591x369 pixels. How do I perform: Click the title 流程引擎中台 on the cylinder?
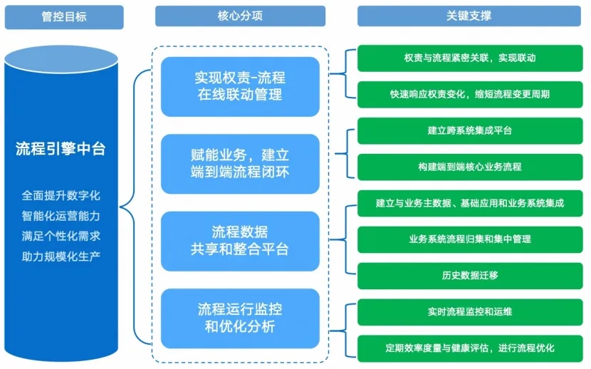click(61, 149)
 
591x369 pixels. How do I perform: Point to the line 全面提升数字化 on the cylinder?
click(61, 194)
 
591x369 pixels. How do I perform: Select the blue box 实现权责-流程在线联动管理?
click(240, 85)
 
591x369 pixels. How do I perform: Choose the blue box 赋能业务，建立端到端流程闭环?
click(240, 163)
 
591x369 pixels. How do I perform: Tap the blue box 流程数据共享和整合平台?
click(240, 240)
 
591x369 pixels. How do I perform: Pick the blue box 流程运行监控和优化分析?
click(240, 318)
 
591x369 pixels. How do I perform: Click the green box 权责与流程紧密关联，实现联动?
click(469, 58)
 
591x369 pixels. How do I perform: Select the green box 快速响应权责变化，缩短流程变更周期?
click(469, 94)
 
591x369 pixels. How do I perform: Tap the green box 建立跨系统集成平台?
click(469, 130)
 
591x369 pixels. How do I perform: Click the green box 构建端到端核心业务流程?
click(469, 167)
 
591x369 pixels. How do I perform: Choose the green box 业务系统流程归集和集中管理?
click(469, 239)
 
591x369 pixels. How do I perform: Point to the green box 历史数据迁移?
click(469, 275)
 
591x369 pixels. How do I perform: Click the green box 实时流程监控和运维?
click(469, 311)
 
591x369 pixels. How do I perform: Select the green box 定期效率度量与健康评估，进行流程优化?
click(469, 348)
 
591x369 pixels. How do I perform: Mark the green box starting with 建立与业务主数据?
click(469, 203)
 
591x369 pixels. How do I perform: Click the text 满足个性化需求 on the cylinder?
click(61, 235)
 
